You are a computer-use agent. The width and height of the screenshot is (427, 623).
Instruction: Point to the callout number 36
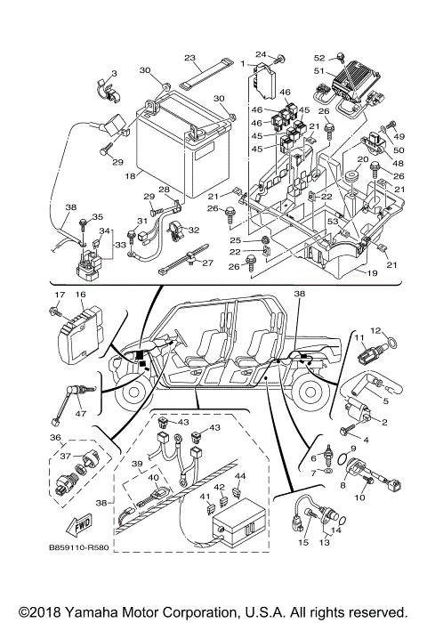pos(54,437)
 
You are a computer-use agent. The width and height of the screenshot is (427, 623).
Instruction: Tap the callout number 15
pos(302,542)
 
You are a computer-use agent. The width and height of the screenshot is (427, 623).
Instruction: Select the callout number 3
pos(114,72)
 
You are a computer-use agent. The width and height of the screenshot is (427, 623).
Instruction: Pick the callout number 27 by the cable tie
pos(208,263)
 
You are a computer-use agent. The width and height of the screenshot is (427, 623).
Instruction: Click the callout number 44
pos(239,477)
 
